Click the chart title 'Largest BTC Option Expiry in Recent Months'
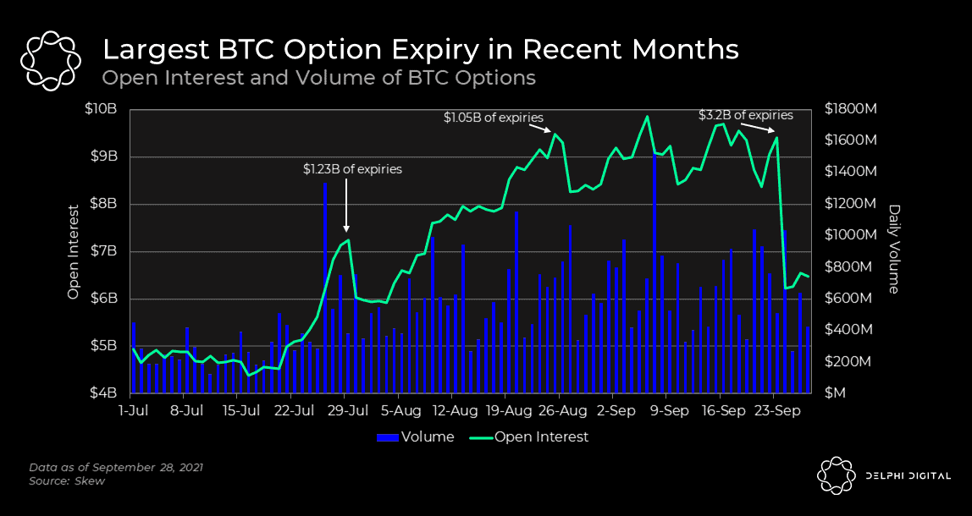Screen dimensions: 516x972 [420, 49]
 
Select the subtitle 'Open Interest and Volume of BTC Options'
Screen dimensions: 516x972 [319, 78]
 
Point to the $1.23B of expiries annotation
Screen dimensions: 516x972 [352, 169]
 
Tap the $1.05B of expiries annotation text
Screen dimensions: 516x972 [493, 118]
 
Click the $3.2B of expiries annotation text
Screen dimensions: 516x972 [745, 115]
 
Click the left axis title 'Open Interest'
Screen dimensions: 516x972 [74, 251]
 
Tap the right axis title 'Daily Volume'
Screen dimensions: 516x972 [893, 250]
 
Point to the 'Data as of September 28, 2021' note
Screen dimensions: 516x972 [116, 467]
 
